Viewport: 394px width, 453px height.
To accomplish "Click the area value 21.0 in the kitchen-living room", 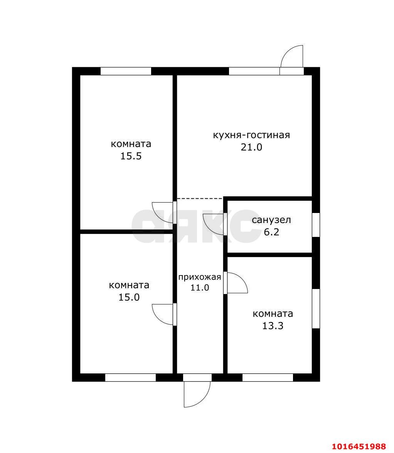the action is pos(251,147).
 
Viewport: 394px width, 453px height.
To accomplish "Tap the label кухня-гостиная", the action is pos(251,135).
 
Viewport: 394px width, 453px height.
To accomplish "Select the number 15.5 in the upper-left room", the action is pos(131,156).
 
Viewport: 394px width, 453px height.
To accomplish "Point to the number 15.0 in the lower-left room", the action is pos(129,297).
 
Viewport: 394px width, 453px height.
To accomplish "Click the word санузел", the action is pos(271,220).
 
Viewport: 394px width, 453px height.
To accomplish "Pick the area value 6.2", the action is pos(271,232).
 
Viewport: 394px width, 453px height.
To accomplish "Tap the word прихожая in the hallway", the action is pos(199,277).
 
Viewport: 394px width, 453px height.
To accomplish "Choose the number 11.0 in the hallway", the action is pos(199,287).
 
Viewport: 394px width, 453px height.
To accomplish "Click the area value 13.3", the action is pos(273,326).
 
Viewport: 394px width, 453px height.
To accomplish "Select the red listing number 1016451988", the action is pos(359,446).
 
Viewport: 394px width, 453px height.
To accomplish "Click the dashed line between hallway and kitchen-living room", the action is pos(200,198).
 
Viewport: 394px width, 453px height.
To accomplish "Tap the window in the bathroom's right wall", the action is pos(316,225).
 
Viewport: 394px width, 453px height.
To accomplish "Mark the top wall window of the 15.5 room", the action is pos(126,71).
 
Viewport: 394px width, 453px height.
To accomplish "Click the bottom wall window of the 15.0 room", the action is pos(130,378).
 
